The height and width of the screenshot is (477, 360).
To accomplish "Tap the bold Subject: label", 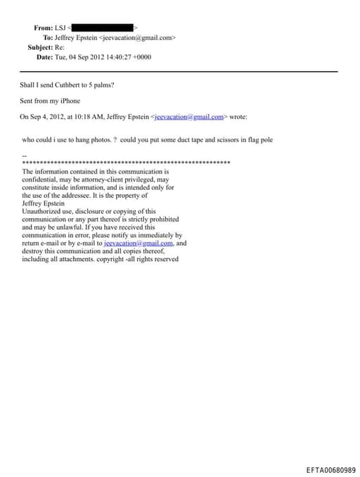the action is pyautogui.click(x=41, y=47).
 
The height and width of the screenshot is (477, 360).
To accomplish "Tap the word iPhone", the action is pyautogui.click(x=70, y=101).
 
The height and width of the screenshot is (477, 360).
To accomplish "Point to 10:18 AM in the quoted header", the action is pyautogui.click(x=94, y=117).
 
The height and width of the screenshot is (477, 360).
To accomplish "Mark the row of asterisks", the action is pyautogui.click(x=127, y=163).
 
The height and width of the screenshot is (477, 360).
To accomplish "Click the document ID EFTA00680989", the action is pyautogui.click(x=331, y=469).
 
